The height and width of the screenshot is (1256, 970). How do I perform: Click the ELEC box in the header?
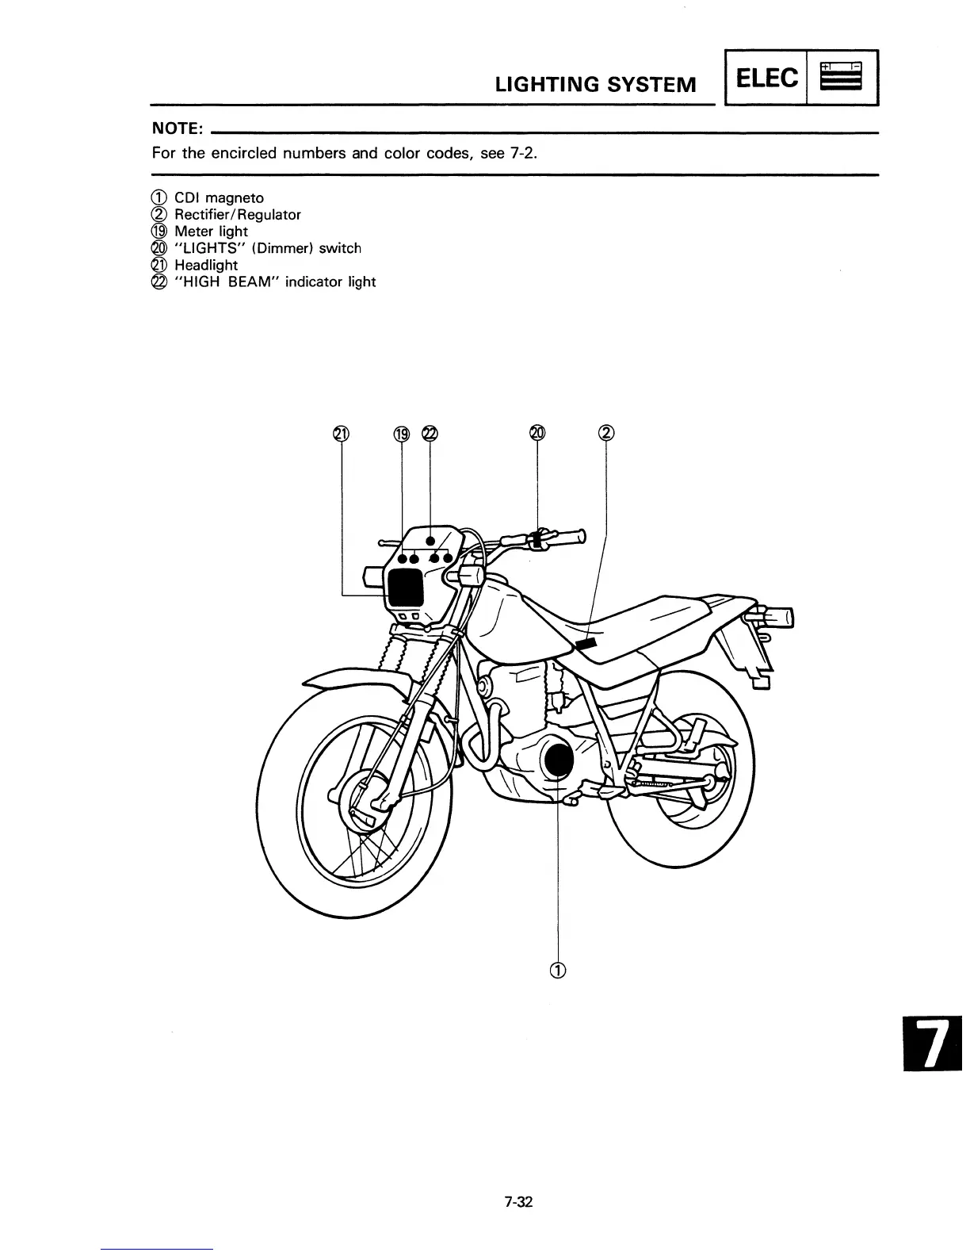click(767, 78)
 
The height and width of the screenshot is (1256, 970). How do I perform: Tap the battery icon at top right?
click(841, 77)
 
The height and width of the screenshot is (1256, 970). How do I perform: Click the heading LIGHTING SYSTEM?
click(595, 84)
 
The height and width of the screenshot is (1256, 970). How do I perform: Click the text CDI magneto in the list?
click(219, 197)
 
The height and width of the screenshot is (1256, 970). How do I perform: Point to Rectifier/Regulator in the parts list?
click(237, 214)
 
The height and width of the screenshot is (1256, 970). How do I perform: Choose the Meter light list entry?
click(211, 232)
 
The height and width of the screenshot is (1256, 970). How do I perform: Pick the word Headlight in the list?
click(205, 265)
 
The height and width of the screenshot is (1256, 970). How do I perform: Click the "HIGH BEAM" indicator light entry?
click(274, 281)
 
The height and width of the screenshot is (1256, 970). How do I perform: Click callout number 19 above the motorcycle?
click(402, 433)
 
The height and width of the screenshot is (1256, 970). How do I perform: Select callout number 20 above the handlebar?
click(537, 432)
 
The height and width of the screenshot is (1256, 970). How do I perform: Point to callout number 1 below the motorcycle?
click(559, 970)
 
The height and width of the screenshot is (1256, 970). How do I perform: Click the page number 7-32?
click(518, 1201)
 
